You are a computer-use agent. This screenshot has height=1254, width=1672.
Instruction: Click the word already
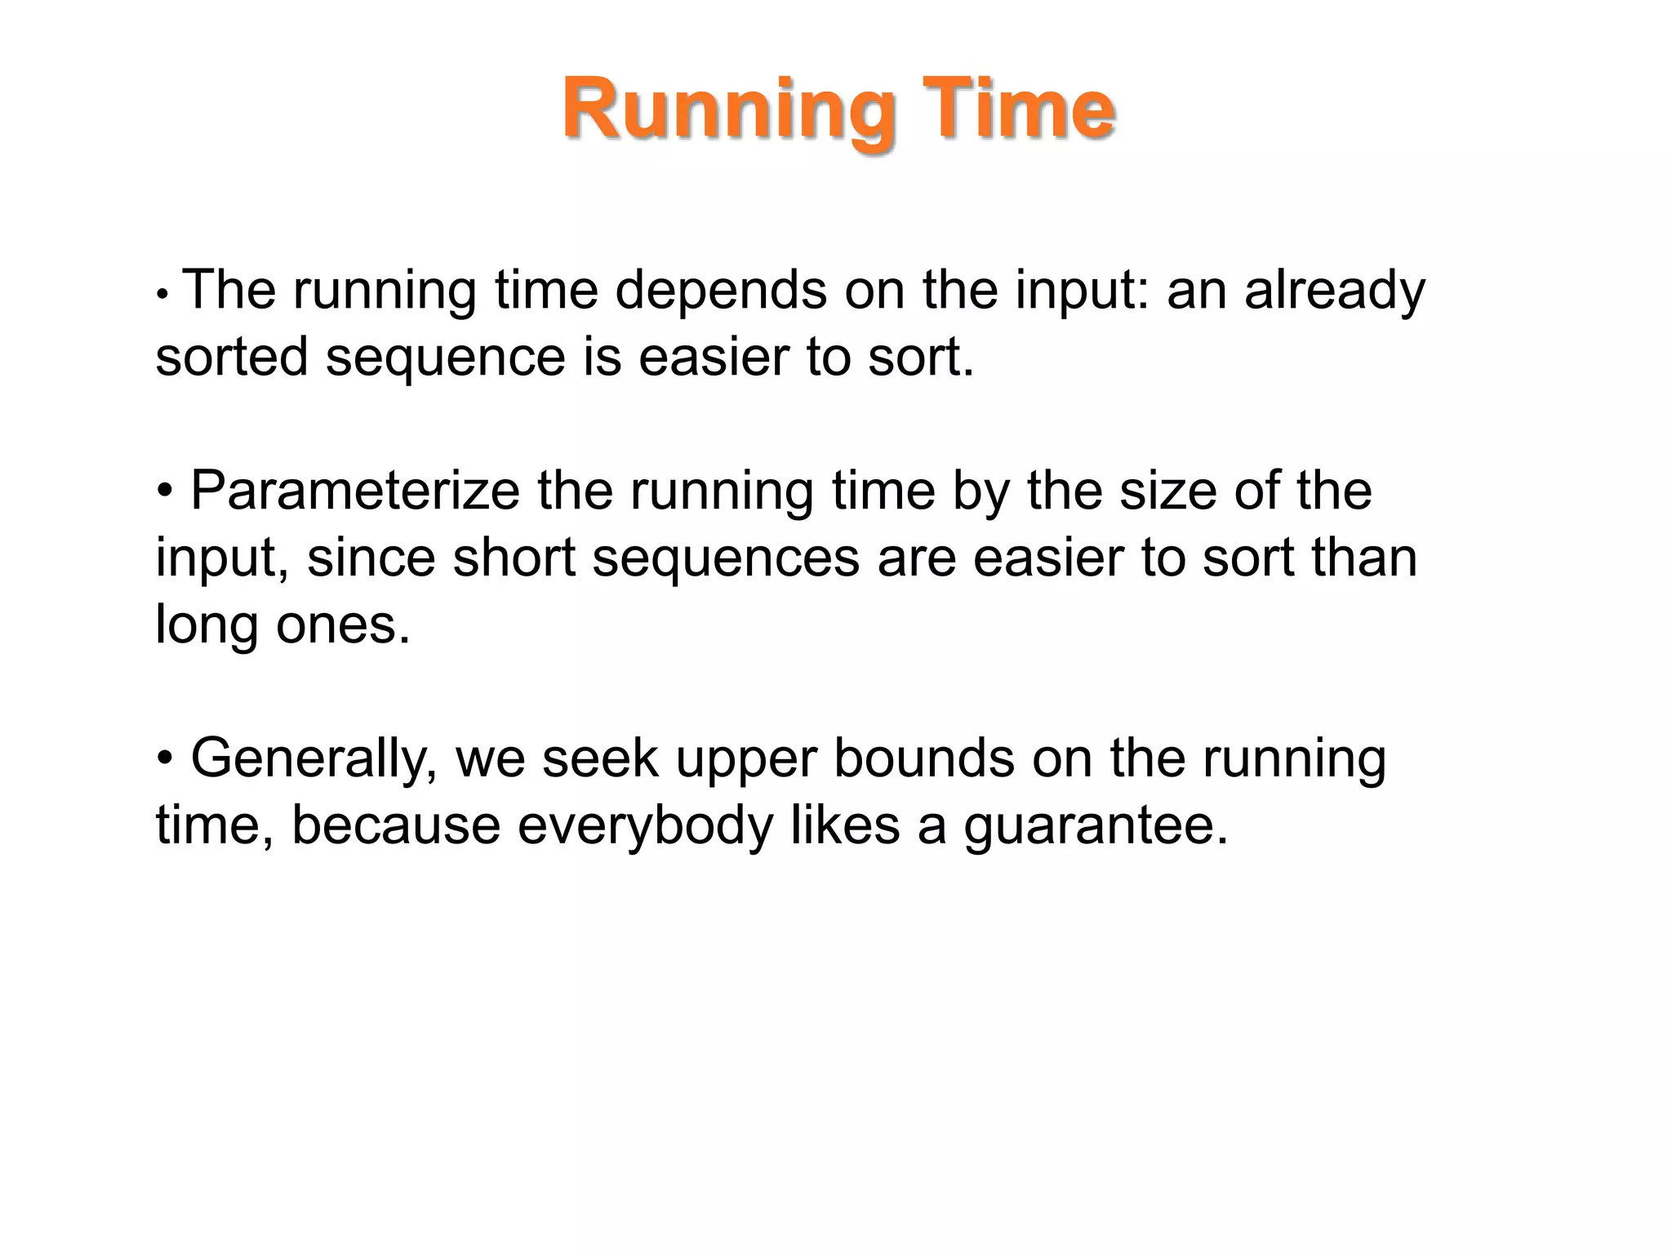point(1334,291)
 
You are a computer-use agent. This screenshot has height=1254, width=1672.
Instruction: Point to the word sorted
point(231,358)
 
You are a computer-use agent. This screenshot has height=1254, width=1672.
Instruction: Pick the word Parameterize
point(354,491)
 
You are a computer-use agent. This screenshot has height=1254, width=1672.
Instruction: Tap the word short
point(514,558)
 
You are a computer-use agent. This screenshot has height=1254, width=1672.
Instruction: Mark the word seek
point(599,759)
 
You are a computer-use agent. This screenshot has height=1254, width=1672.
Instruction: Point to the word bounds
point(922,759)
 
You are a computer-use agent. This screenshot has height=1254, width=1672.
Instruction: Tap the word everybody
point(644,826)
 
